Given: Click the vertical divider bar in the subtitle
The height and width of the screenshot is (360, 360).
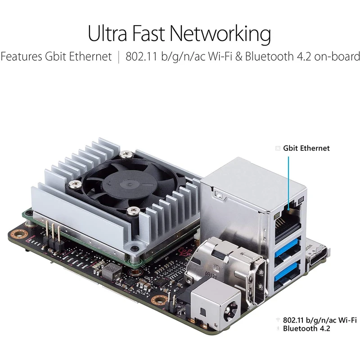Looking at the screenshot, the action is pos(118,57).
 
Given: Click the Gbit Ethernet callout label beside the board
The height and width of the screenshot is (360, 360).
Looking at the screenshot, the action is pos(306,148).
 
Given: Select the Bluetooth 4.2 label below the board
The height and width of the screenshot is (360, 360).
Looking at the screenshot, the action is pos(306,328).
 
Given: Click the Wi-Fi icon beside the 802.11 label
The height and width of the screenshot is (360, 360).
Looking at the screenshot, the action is pos(278,319).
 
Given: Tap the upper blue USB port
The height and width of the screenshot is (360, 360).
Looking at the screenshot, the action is pos(288,247).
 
